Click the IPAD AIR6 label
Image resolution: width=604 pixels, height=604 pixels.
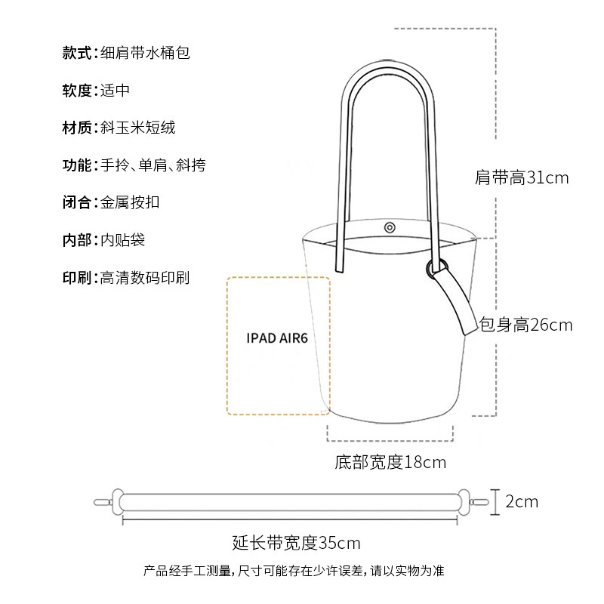(x=277, y=337)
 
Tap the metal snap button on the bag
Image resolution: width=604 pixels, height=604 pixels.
(x=390, y=227)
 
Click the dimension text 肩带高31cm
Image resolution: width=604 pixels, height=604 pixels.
(x=522, y=179)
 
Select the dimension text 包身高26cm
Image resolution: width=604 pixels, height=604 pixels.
(x=526, y=325)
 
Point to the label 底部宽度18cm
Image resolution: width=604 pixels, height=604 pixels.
(x=390, y=462)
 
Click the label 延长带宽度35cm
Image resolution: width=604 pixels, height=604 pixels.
(x=296, y=542)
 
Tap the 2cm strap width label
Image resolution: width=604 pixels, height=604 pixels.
(x=522, y=501)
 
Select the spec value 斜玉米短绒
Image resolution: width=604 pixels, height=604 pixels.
(x=138, y=128)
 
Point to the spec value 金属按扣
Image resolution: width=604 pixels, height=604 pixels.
(x=130, y=202)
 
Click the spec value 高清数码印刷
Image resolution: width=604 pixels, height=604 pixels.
(x=145, y=277)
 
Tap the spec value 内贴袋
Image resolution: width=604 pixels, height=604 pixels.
(x=122, y=240)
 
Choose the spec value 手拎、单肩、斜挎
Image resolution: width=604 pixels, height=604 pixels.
(x=153, y=165)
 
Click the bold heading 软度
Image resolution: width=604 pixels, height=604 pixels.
(x=76, y=91)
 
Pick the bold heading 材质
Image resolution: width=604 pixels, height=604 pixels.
(x=76, y=128)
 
